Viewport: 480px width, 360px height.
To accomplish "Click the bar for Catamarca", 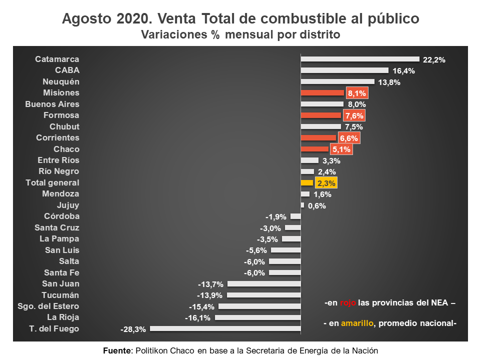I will (359, 59).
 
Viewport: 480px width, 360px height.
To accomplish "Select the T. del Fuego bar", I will (225, 328).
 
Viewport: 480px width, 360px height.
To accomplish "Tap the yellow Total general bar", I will (306, 182).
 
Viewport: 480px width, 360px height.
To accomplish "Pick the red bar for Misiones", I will (322, 93).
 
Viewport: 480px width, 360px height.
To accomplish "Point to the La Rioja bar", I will (257, 317).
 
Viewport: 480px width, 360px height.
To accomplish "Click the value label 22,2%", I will (433, 60).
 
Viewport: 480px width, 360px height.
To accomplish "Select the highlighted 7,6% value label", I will (354, 116).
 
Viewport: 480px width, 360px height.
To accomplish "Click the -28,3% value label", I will (133, 329).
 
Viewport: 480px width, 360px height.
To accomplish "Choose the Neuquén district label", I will (61, 81).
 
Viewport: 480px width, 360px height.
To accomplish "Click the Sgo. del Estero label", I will (48, 306).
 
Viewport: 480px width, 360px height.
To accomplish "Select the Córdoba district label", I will (61, 216).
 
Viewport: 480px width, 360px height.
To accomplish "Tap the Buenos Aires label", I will (52, 104).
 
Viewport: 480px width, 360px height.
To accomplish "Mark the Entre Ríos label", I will (58, 160).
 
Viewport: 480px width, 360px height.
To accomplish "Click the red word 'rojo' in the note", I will (348, 303).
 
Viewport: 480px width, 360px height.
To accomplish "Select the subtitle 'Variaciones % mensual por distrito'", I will (240, 35).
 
